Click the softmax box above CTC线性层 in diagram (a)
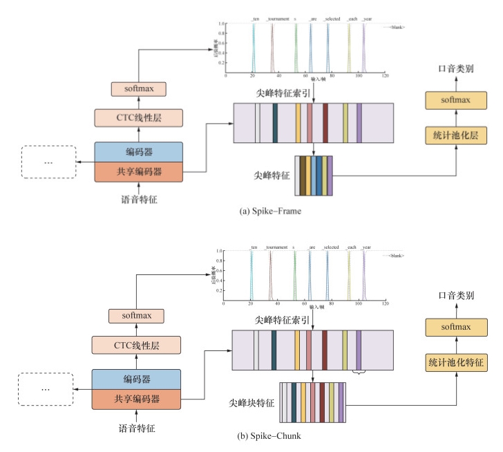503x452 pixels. [137, 89]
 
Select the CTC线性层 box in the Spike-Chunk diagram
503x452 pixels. [137, 343]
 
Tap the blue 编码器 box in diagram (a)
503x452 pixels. [138, 151]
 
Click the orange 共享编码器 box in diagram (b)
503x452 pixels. [136, 399]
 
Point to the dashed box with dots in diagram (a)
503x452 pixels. [48, 162]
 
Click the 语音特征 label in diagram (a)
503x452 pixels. [139, 200]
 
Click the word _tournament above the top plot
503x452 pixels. [276, 19]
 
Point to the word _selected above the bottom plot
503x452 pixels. [331, 247]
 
